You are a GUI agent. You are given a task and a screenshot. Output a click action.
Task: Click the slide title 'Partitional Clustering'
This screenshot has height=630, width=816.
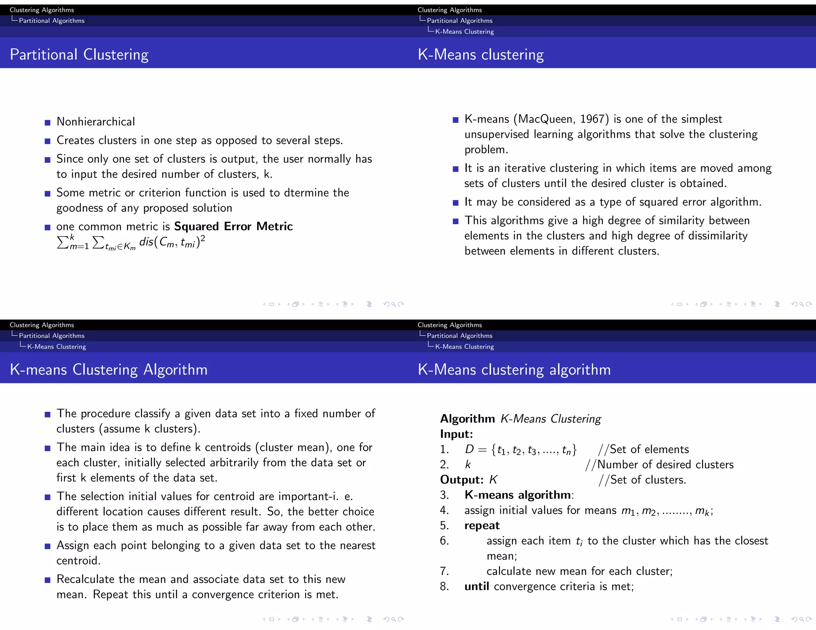tap(79, 55)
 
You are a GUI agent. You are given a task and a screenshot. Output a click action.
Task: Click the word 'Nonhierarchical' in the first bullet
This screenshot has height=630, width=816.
tap(96, 121)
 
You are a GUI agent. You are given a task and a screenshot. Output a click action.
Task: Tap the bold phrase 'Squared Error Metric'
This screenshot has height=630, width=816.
tap(233, 226)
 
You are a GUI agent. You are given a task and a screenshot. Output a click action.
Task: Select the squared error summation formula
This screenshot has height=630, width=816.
tap(131, 243)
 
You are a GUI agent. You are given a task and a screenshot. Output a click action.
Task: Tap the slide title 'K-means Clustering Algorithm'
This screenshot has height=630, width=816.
tap(108, 370)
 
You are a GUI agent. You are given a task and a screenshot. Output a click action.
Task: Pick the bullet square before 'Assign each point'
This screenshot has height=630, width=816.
tap(47, 546)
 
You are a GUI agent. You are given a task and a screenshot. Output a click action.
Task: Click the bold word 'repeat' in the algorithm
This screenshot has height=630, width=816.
tap(482, 526)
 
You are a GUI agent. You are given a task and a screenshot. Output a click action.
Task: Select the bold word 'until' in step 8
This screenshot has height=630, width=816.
tap(477, 587)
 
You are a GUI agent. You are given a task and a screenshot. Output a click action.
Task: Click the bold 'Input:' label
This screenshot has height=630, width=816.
tap(456, 434)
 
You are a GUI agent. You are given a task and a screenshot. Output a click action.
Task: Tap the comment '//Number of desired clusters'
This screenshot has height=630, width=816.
tap(659, 465)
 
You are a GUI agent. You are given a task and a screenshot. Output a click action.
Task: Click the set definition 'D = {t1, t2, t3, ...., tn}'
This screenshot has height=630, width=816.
tap(520, 450)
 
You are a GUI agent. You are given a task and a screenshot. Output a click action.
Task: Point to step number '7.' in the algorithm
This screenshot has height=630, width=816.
tap(444, 571)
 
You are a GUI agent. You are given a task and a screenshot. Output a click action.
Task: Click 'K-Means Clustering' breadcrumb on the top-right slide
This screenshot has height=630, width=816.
tap(464, 31)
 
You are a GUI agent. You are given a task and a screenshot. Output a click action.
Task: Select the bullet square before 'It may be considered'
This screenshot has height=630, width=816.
tap(455, 203)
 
